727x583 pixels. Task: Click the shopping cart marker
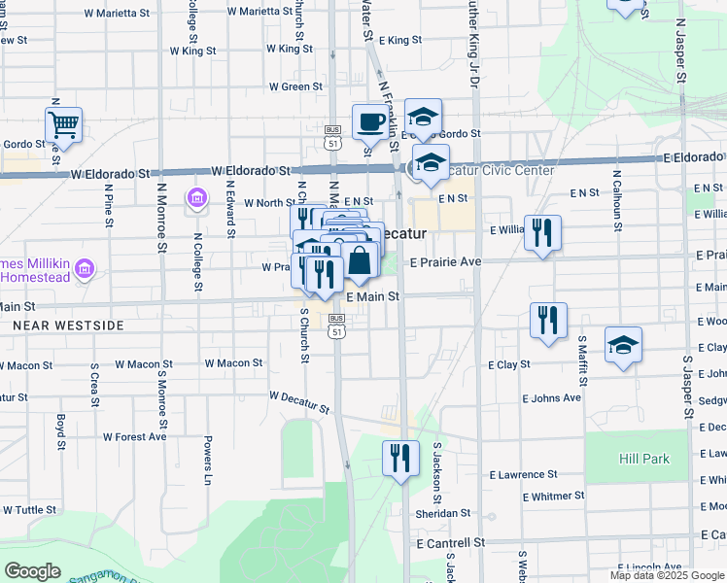(63, 125)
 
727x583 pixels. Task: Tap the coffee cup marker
(370, 122)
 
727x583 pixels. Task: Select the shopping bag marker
(360, 259)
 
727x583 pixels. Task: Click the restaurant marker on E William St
(543, 233)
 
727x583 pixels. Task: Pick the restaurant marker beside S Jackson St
(399, 459)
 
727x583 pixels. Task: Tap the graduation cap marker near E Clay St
(623, 346)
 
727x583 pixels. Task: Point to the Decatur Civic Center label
(495, 171)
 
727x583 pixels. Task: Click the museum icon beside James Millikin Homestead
(85, 267)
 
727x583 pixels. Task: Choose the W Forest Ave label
(135, 436)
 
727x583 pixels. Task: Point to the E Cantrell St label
(449, 542)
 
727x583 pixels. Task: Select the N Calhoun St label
(616, 202)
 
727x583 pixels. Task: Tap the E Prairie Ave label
(445, 262)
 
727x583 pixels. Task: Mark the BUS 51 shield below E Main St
(336, 326)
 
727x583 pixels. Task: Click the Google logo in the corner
(32, 571)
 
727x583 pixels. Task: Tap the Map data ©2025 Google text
(667, 575)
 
